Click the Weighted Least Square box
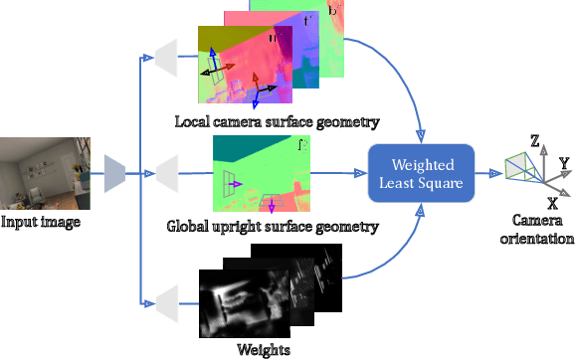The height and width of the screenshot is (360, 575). pyautogui.click(x=422, y=172)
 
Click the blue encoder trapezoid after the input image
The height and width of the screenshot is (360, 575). pyautogui.click(x=115, y=174)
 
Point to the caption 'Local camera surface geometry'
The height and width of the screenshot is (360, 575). pyautogui.click(x=276, y=123)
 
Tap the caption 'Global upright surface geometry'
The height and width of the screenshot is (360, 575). pyautogui.click(x=273, y=227)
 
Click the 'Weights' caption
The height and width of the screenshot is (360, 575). pyautogui.click(x=264, y=348)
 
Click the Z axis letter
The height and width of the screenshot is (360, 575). pyautogui.click(x=534, y=142)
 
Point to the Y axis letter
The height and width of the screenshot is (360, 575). pyautogui.click(x=563, y=161)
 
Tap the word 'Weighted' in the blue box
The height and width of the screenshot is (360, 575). pyautogui.click(x=422, y=163)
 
